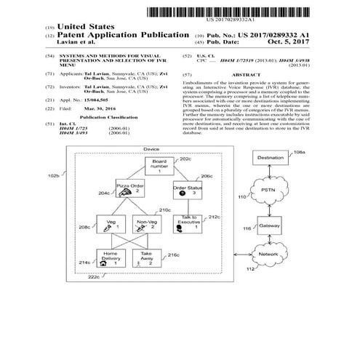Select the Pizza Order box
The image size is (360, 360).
point(127,191)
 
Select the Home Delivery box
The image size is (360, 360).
point(111,258)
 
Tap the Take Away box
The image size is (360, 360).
point(148,258)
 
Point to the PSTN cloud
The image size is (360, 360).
point(266,191)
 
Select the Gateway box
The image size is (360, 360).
point(270,228)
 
